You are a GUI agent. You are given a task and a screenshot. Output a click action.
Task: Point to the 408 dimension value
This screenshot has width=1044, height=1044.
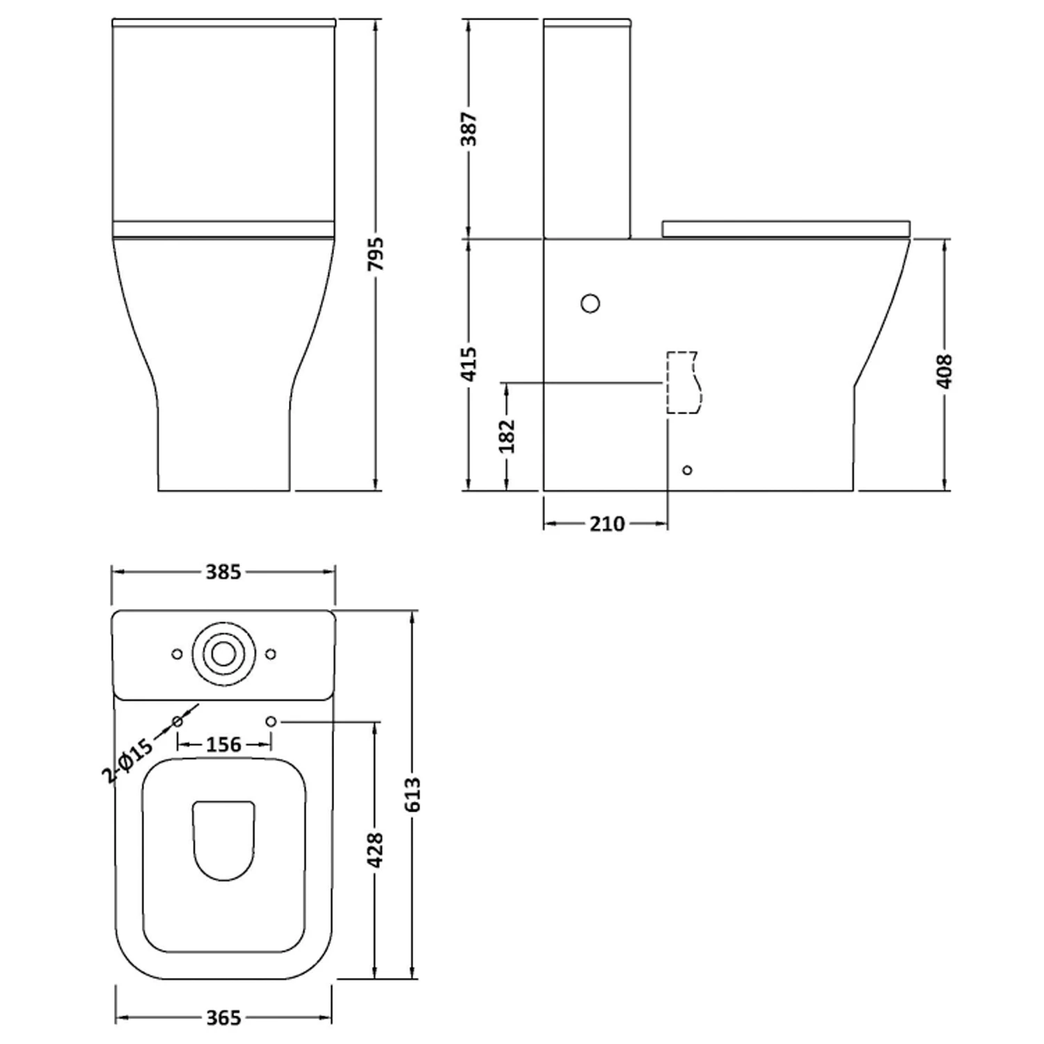[x=944, y=371]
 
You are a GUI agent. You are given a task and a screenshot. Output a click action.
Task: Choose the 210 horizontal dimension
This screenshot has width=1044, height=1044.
[x=607, y=523]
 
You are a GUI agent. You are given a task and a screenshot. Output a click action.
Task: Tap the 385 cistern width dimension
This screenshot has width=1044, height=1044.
[x=223, y=572]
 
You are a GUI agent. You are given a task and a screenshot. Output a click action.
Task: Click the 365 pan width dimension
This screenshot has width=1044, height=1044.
[x=223, y=1018]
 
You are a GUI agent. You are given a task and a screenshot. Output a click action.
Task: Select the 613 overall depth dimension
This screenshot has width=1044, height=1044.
[x=413, y=794]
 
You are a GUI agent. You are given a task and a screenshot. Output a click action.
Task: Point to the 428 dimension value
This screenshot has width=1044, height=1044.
[x=375, y=850]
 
